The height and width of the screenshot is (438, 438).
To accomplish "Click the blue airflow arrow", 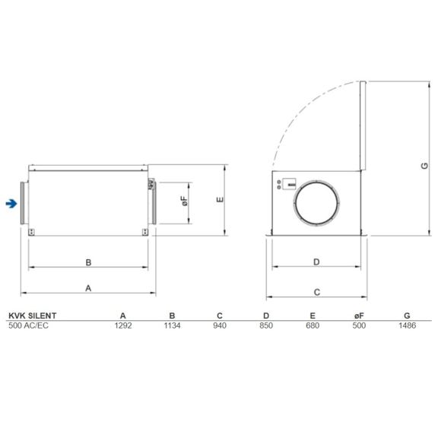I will [x=11, y=203].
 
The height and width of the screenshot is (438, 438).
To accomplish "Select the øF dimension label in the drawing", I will [x=184, y=202].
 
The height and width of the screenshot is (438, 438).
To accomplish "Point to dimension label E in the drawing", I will [x=219, y=200].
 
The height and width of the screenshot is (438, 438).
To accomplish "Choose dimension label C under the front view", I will [x=316, y=290].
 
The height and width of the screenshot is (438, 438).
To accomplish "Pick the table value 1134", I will [x=172, y=325].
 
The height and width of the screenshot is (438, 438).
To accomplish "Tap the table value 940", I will [x=219, y=325].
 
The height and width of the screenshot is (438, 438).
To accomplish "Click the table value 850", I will [x=265, y=325].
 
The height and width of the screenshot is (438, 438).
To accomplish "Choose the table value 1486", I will [x=407, y=325].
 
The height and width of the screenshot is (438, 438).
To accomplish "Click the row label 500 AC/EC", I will [x=28, y=325].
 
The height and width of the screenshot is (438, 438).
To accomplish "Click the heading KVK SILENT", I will [x=32, y=315].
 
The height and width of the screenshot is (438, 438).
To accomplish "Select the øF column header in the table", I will [x=360, y=315].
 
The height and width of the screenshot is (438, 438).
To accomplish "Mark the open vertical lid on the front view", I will [x=364, y=126].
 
